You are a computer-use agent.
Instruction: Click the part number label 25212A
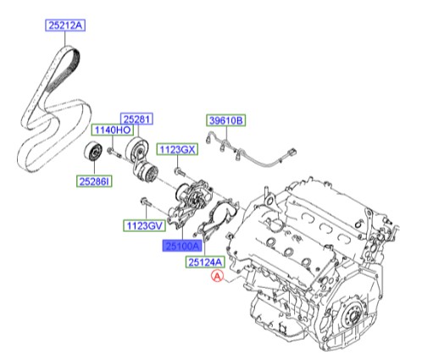coord(64,27)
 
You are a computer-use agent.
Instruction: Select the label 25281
coord(136,120)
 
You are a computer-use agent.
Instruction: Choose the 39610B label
coord(225,121)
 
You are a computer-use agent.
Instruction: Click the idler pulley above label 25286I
coord(93,155)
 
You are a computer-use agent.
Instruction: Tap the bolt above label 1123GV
coord(147,202)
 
